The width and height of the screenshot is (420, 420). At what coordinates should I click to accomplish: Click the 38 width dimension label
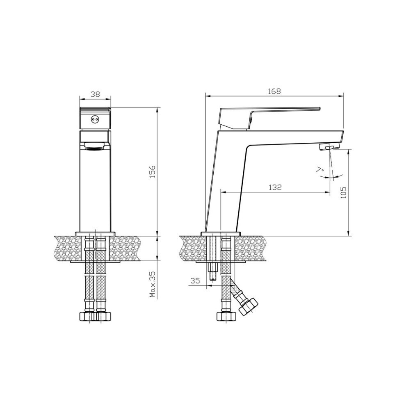pos(95,94)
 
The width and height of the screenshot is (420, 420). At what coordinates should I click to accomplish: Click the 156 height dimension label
pos(152,172)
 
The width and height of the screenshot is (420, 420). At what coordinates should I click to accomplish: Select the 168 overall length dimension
pos(274,91)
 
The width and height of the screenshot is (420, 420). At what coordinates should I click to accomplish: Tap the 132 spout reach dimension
pos(275,187)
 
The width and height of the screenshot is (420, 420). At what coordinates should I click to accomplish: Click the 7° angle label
pos(320,170)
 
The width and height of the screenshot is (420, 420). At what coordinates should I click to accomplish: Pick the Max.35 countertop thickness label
pos(153,285)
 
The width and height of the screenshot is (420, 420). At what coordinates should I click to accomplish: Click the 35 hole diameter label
pos(195,281)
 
